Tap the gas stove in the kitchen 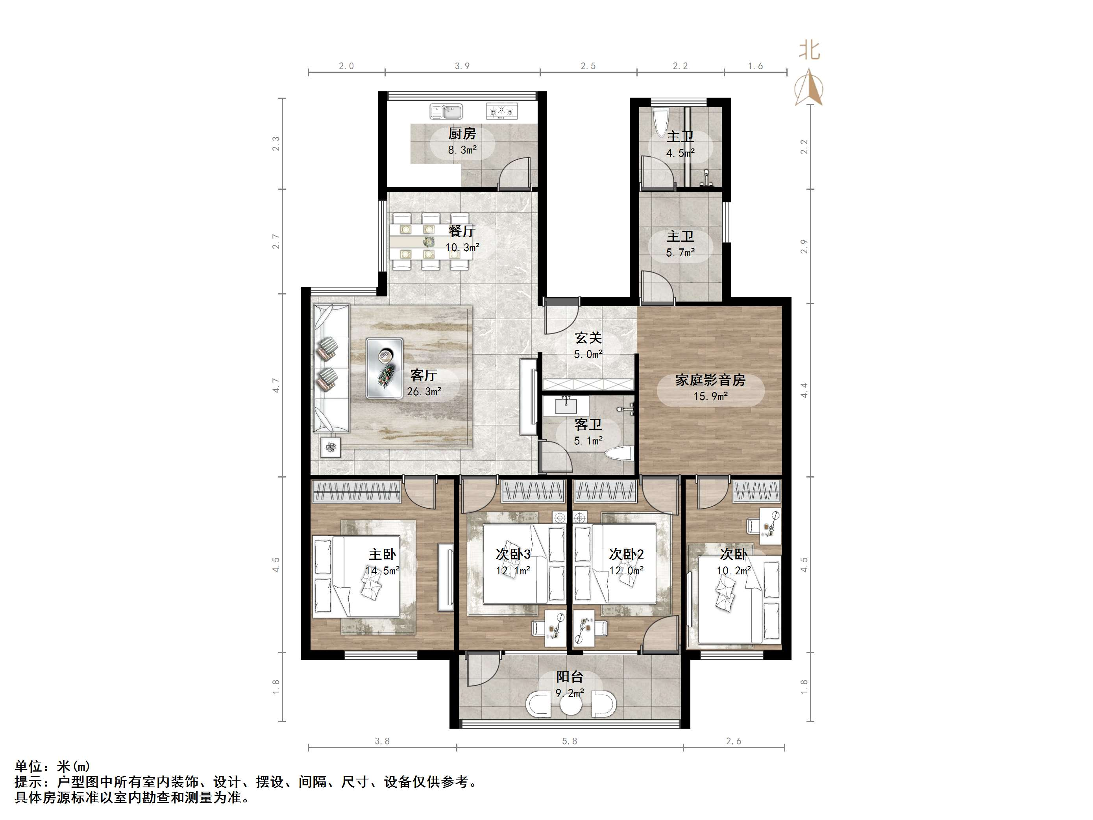point(501,111)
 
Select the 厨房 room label point(462,133)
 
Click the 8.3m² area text point(462,150)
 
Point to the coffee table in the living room point(384,368)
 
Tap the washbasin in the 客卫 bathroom point(565,405)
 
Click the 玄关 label point(588,338)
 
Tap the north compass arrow point(809,87)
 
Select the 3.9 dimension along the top point(462,66)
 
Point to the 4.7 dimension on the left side point(276,385)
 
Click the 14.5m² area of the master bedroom point(382,571)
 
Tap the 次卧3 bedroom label point(513,554)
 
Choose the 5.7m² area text point(681,253)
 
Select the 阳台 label point(570,677)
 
